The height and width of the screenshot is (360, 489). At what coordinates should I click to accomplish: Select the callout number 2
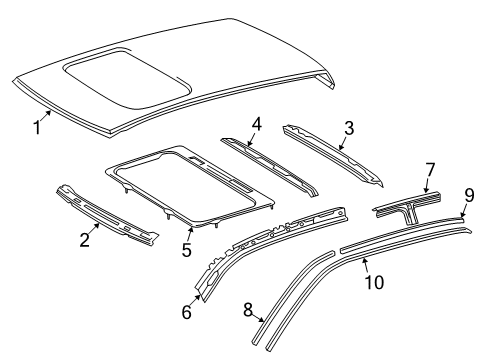(x=84, y=239)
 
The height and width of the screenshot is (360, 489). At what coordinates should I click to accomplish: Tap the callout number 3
(x=349, y=129)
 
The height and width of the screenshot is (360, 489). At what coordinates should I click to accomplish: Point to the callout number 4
(x=256, y=126)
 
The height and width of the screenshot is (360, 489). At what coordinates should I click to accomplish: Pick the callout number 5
(x=187, y=250)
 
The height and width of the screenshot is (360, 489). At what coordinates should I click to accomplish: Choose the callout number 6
(x=186, y=313)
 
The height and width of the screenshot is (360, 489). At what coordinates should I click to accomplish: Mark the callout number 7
(x=430, y=169)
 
